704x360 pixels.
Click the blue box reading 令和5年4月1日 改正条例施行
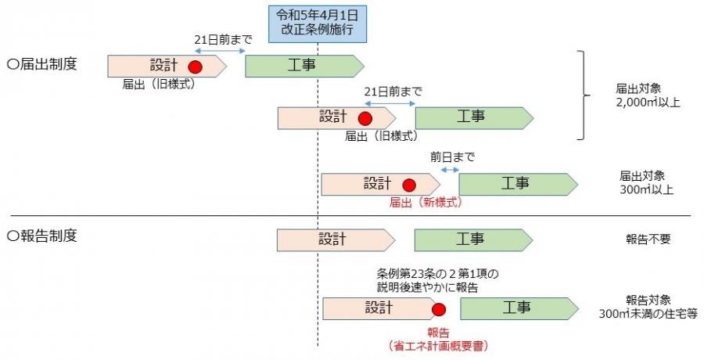[317, 23]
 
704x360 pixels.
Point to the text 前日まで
[452, 157]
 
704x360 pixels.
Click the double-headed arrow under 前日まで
[449, 170]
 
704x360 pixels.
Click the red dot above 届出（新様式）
[408, 185]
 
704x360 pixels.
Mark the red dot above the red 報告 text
[438, 311]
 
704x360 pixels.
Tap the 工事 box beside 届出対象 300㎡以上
[517, 184]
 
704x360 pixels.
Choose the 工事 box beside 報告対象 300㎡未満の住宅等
[517, 308]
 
